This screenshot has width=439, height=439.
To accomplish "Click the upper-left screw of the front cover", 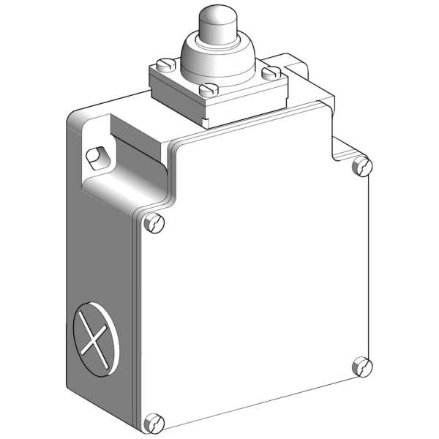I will coord(154,223).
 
